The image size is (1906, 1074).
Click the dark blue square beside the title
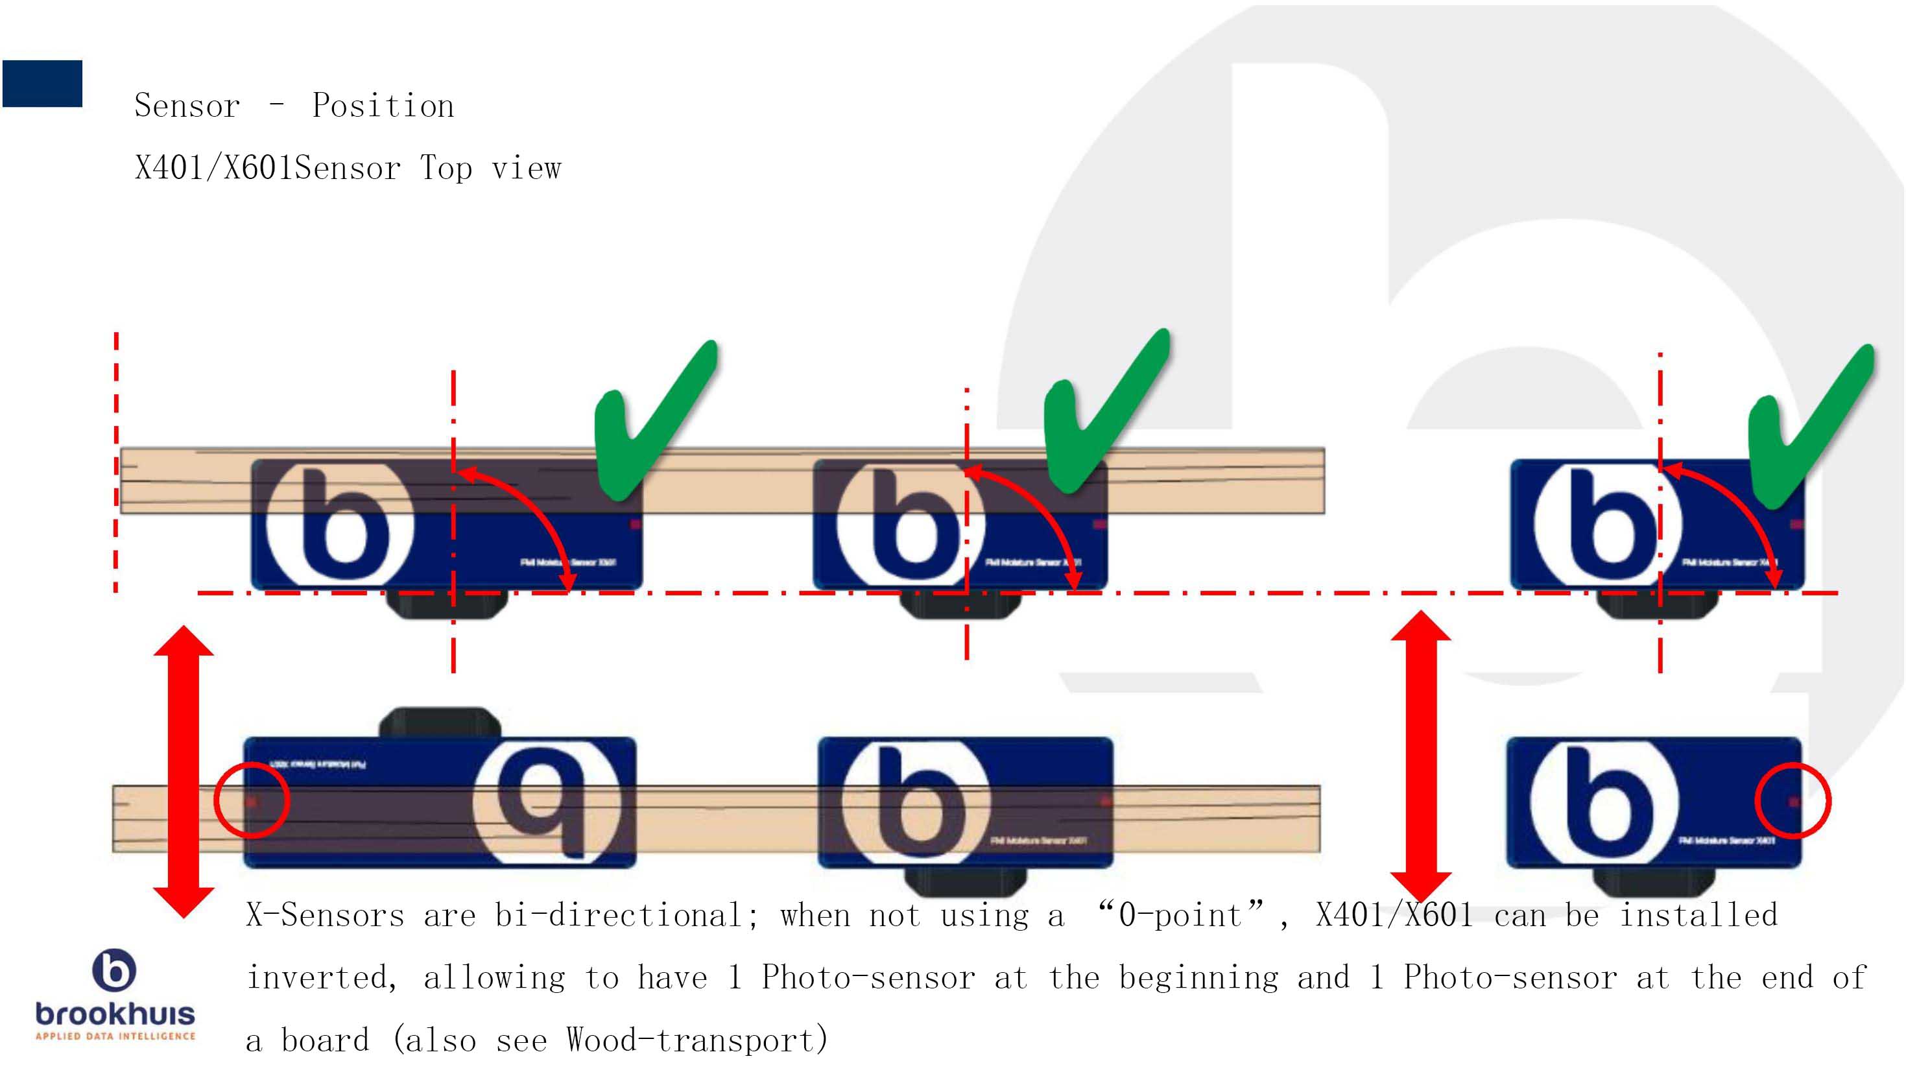point(42,84)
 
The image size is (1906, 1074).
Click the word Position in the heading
point(383,106)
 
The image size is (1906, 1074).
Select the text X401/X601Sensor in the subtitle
point(268,169)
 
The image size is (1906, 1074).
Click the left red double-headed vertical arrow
point(184,771)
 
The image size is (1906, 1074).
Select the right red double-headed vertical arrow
point(1421,755)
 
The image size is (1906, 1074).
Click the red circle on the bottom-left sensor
point(252,800)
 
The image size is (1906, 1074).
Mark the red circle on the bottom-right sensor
point(1793,802)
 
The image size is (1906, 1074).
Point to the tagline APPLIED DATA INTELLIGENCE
point(115,1036)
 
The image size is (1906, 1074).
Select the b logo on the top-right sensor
point(1606,524)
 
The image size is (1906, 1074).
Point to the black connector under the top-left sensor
point(448,603)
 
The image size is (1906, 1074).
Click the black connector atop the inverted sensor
point(440,722)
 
